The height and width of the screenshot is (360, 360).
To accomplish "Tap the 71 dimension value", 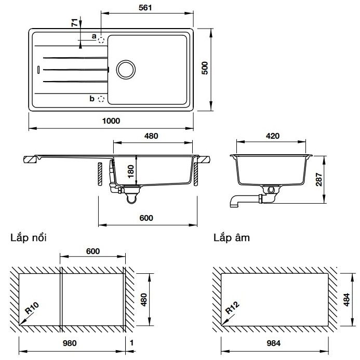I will (74, 23).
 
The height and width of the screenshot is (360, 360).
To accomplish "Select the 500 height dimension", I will (205, 69).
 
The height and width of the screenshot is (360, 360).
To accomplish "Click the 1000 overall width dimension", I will (111, 121).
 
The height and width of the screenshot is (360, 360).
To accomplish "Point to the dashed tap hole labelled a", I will (102, 38).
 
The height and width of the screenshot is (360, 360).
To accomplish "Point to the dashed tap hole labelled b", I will (102, 99).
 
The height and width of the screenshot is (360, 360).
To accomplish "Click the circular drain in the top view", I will (125, 69).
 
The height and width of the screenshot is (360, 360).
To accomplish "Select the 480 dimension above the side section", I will (151, 136).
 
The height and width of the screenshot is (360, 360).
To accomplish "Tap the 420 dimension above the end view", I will (273, 136).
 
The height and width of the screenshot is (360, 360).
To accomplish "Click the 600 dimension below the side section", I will (146, 218).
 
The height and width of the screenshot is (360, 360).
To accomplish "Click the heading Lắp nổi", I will (28, 238).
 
